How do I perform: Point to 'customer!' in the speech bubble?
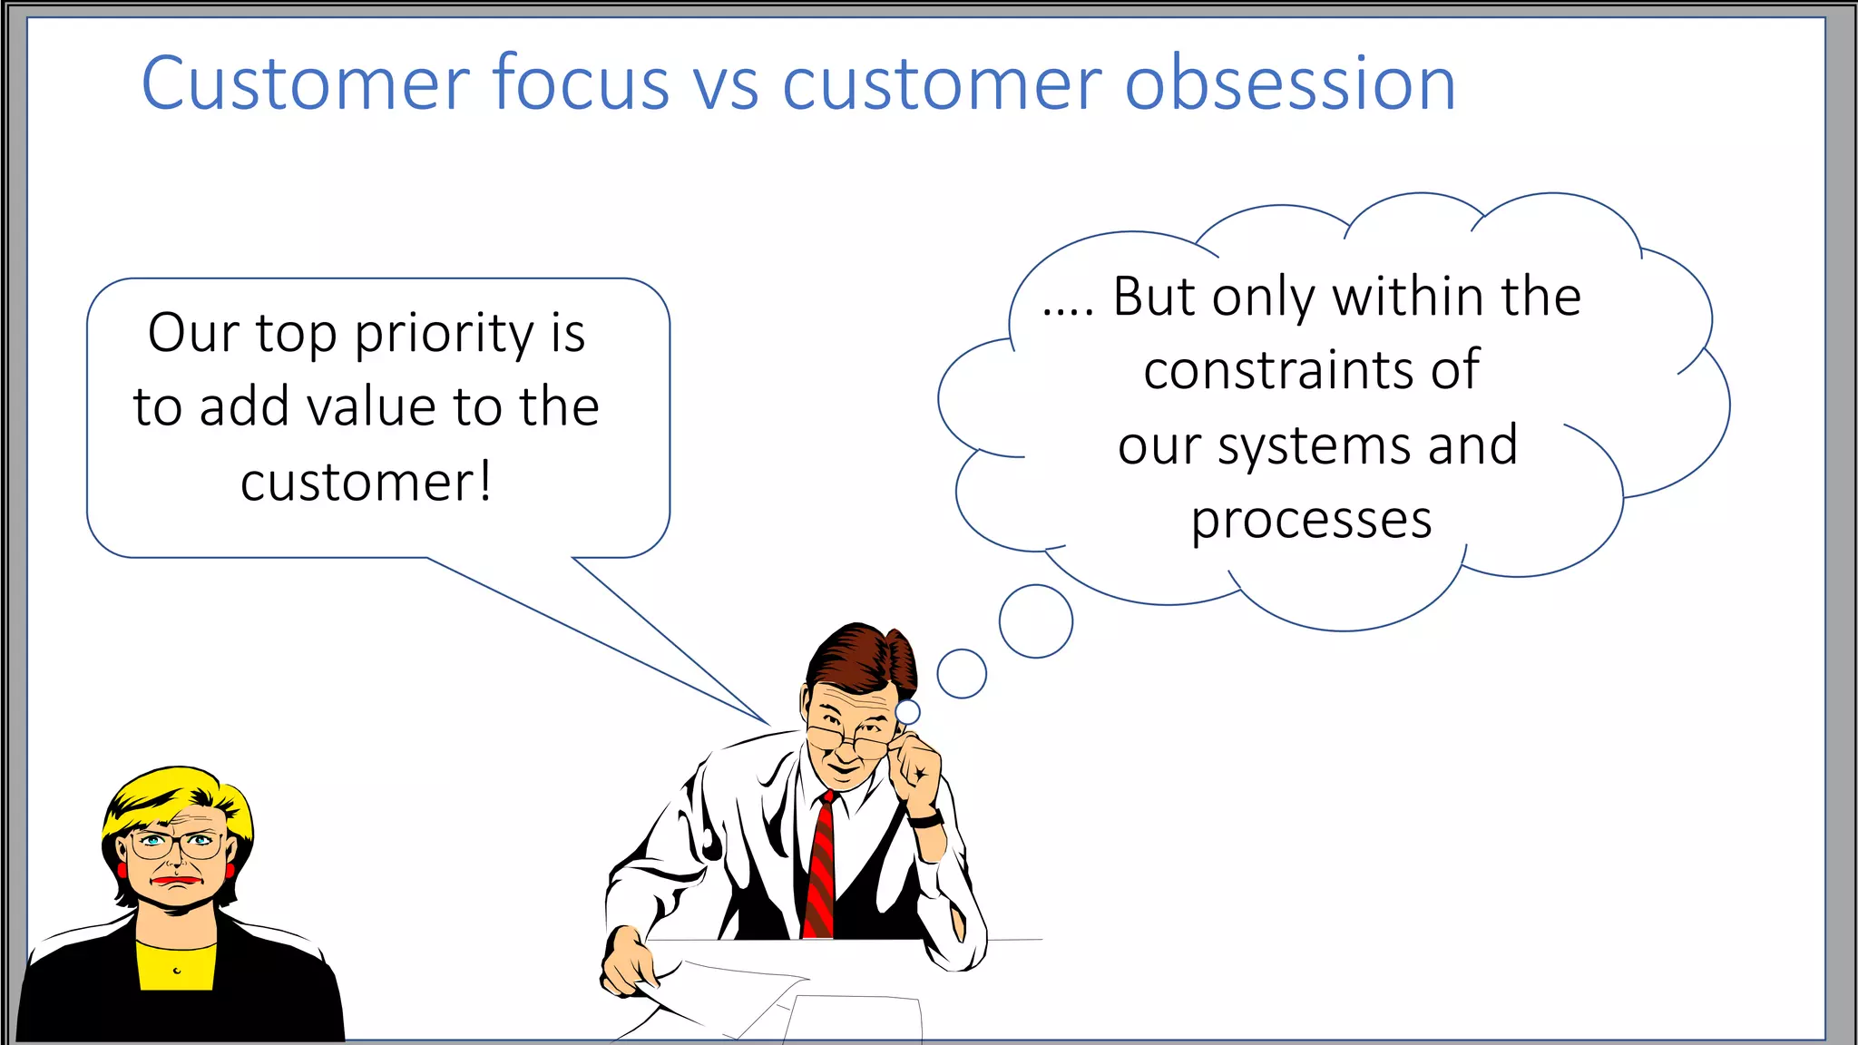pyautogui.click(x=367, y=482)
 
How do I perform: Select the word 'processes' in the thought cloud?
pyautogui.click(x=1311, y=521)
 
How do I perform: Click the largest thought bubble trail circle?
pyautogui.click(x=1035, y=621)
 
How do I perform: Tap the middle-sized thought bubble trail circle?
pyautogui.click(x=962, y=674)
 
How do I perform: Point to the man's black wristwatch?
pyautogui.click(x=926, y=819)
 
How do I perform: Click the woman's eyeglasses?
pyautogui.click(x=177, y=845)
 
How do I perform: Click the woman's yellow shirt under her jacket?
pyautogui.click(x=176, y=966)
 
